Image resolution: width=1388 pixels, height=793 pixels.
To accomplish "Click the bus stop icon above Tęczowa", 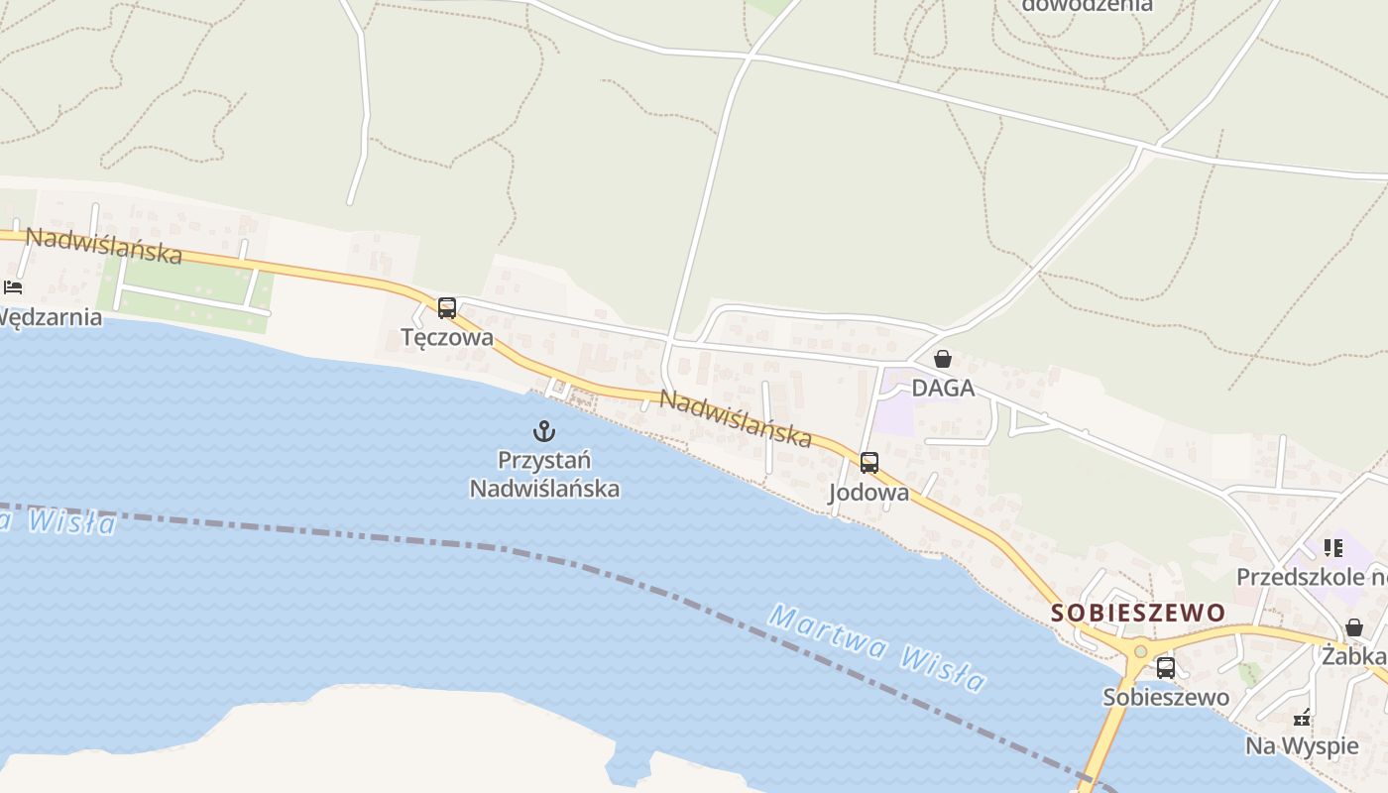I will [447, 308].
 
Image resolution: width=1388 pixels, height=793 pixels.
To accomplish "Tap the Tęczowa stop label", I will [447, 337].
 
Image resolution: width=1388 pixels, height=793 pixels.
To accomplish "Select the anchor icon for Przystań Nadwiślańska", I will [543, 431].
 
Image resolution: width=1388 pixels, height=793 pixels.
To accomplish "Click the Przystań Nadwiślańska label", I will [544, 474].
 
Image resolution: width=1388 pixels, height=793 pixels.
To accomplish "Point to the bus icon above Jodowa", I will [869, 463].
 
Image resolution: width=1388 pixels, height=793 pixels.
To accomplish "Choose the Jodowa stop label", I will [868, 493].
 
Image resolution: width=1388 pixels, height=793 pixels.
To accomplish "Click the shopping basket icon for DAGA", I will [943, 359].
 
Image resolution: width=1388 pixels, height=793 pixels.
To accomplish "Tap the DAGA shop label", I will [943, 388].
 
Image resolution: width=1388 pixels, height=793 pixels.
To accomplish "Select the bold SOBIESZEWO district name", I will [1138, 613].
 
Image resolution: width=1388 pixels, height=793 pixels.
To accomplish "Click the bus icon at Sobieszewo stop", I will [1166, 668].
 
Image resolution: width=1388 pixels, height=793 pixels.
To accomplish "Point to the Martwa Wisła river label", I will [876, 648].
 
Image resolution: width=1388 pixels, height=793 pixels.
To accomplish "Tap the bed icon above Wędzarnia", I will [13, 287].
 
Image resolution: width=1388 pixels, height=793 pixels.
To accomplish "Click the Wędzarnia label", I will [50, 317].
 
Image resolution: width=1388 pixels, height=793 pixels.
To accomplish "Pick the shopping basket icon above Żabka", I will [1354, 627].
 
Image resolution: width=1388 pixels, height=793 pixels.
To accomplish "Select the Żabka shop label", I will [1354, 656].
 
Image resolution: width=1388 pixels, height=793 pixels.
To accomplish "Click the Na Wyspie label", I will [1302, 745].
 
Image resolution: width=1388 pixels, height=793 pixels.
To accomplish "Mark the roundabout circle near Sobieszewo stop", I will [1140, 651].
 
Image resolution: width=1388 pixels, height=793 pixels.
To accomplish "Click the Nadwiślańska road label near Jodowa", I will [736, 418].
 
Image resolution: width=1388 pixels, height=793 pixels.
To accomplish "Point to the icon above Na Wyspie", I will [1303, 718].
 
